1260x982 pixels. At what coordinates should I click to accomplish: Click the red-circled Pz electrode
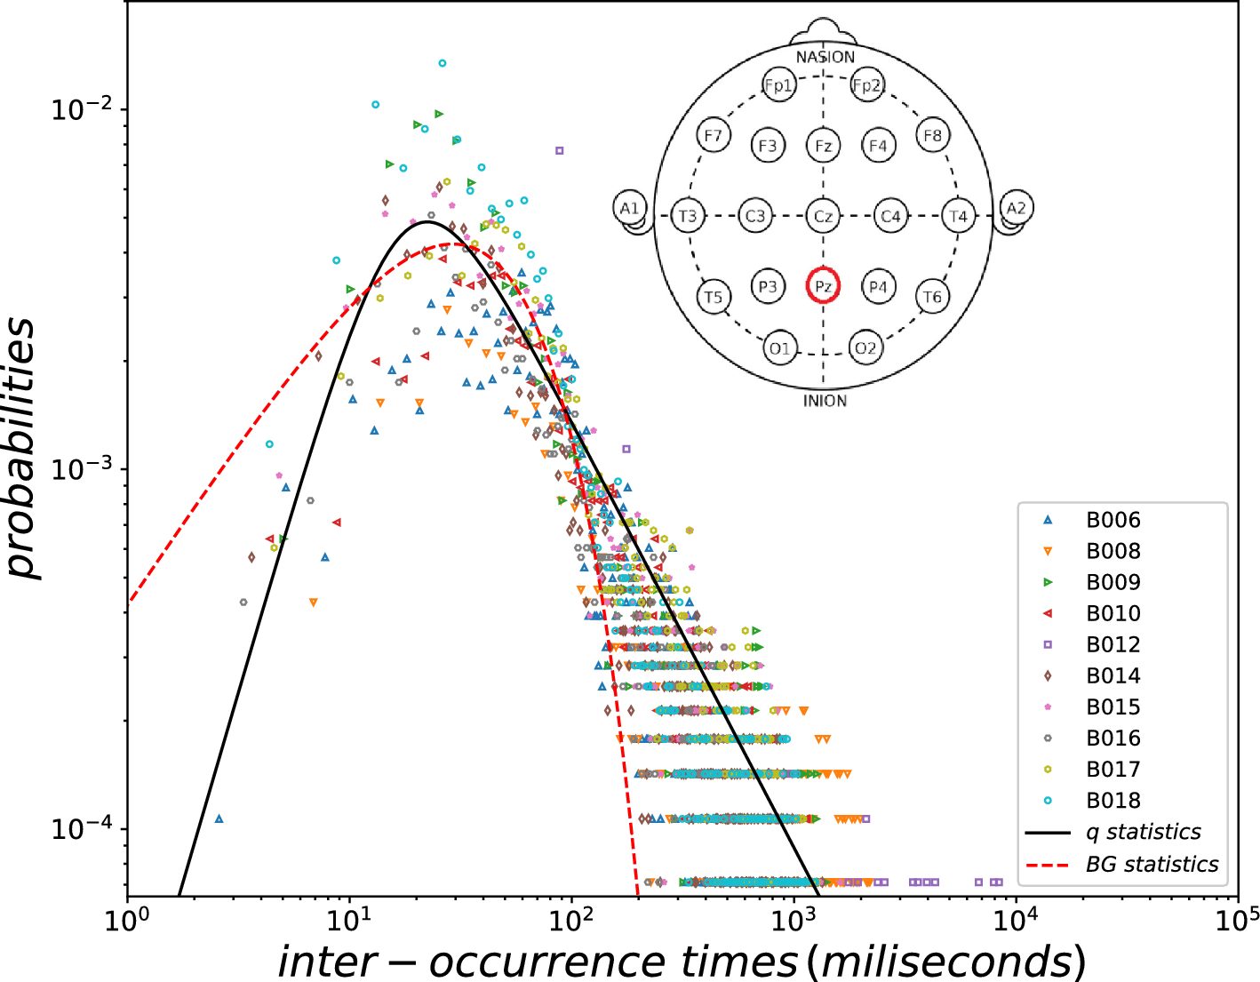point(823,286)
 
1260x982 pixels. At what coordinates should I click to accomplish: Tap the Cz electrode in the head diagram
point(823,216)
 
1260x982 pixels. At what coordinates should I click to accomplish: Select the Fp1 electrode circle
point(778,85)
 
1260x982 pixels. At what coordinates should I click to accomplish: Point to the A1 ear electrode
point(629,209)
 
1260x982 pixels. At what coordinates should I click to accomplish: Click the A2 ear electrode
point(1016,208)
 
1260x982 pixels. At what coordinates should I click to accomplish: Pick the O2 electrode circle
point(865,347)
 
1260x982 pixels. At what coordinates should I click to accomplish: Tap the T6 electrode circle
point(931,297)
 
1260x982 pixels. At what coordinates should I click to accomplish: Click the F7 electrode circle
point(713,136)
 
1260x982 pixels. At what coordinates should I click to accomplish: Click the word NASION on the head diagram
point(825,58)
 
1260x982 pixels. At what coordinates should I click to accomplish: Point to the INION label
point(825,401)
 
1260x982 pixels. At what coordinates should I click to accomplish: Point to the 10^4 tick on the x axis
point(1016,918)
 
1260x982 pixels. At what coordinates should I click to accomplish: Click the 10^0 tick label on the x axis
point(128,918)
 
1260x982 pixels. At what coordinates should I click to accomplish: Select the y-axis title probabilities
point(23,449)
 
